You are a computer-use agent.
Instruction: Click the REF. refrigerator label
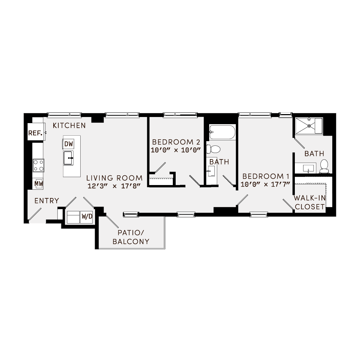(35, 133)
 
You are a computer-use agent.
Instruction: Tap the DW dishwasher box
(68, 144)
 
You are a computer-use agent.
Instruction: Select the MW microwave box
(38, 184)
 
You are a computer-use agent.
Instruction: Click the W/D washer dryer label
(86, 217)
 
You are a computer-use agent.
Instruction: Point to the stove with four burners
(39, 166)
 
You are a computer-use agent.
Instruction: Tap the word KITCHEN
(69, 126)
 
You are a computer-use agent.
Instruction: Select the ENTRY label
(47, 201)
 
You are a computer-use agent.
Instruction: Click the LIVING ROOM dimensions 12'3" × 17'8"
(113, 186)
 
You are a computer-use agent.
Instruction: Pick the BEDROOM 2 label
(176, 141)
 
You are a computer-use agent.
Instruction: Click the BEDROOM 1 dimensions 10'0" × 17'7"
(266, 185)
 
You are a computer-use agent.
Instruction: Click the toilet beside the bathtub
(216, 149)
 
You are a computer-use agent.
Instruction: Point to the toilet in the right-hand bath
(324, 165)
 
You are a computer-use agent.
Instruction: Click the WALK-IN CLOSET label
(309, 202)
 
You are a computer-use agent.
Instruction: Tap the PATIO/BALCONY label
(131, 237)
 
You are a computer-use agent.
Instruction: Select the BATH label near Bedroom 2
(219, 162)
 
